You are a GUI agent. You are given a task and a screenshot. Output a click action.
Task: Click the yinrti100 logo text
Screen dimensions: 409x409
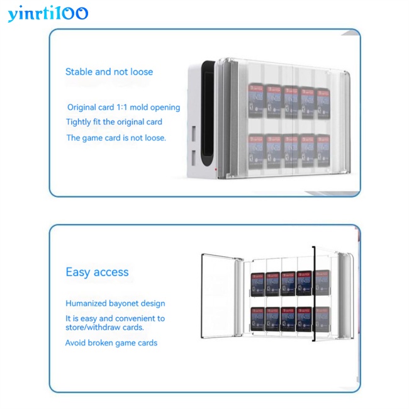pyautogui.click(x=48, y=13)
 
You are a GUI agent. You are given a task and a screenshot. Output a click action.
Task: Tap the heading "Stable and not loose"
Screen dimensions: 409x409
pyautogui.click(x=109, y=72)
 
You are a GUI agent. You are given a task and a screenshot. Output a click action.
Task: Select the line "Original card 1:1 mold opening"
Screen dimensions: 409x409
pyautogui.click(x=123, y=108)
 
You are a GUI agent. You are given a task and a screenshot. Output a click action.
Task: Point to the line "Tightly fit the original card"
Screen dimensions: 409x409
pyautogui.click(x=114, y=122)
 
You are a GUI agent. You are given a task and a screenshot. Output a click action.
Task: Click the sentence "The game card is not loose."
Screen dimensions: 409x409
pyautogui.click(x=116, y=138)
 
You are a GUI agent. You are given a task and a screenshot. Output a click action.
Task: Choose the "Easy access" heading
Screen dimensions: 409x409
pyautogui.click(x=97, y=272)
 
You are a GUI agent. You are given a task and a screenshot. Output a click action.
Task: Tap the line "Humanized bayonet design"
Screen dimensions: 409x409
pyautogui.click(x=115, y=303)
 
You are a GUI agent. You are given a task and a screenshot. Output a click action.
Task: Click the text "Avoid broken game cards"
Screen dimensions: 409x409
pyautogui.click(x=111, y=343)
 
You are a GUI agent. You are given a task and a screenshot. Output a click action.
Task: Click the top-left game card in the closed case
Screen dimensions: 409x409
pyautogui.click(x=257, y=101)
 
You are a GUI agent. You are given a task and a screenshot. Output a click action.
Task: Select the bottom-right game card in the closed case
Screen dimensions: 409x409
pyautogui.click(x=323, y=151)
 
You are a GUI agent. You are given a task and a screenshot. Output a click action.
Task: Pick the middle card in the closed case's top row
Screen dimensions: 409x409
pyautogui.click(x=290, y=101)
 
